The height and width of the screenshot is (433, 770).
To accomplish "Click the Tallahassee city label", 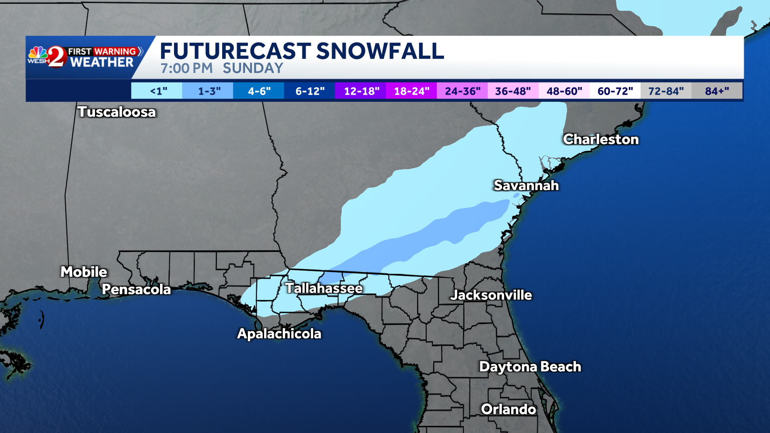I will point(324,288).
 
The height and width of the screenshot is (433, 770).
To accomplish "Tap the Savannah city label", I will point(526,185).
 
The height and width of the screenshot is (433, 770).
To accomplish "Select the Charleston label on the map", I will point(600,139).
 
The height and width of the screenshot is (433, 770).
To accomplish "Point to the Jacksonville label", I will point(491,295).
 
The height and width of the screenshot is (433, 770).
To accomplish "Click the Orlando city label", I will point(508,409).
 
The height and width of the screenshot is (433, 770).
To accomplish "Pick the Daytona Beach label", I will point(530,366).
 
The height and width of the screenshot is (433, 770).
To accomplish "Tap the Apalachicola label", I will point(279,334).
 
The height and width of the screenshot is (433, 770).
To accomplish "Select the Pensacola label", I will point(136,289).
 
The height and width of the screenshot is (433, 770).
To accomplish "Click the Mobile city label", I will point(84,272).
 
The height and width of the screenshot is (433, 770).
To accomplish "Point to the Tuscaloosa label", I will point(116,112).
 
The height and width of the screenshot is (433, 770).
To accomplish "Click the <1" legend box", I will point(157,91).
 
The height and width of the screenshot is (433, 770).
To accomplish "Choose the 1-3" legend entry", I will point(208,91).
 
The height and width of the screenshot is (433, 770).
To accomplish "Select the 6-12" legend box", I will point(310,91).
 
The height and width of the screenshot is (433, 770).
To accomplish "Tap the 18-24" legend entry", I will point(411,91).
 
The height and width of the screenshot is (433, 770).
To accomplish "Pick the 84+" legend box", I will point(717,91).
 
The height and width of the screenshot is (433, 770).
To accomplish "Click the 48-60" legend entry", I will point(564,91).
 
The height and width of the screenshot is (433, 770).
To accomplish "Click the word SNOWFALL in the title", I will point(380,51).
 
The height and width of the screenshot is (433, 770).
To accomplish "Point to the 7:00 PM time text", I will point(186,68).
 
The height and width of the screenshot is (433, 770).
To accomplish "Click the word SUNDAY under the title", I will point(253,68).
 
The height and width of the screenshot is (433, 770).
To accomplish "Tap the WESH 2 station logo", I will point(47,57).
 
